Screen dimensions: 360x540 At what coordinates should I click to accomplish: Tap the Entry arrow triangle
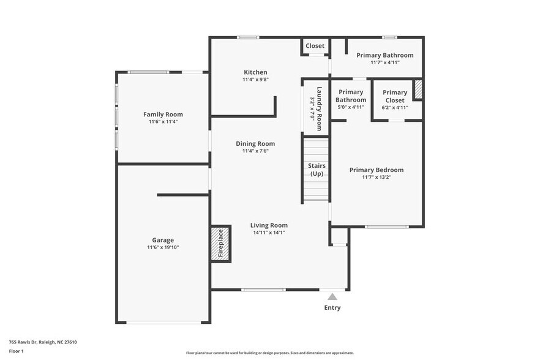pos(332,296)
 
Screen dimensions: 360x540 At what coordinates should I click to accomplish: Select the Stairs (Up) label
pos(317,170)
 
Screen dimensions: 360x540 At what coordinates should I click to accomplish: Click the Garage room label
pos(163,240)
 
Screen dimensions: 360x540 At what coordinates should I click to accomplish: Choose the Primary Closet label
pos(394,96)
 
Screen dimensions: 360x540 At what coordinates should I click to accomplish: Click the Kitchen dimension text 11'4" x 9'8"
pos(255,80)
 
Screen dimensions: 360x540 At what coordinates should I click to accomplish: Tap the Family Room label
pos(163,114)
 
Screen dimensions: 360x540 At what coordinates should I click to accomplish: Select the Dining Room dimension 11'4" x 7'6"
pos(255,151)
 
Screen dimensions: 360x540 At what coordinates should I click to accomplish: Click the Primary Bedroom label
pos(376,170)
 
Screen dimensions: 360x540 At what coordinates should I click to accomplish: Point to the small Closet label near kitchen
pos(315,46)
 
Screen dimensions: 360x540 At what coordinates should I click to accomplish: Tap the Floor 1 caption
pos(16,351)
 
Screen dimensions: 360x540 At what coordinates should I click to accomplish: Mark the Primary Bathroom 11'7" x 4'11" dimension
pos(384,62)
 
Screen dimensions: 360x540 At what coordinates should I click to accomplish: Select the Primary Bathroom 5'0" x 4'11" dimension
pos(351,107)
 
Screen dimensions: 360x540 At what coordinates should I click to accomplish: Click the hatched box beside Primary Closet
pos(418,89)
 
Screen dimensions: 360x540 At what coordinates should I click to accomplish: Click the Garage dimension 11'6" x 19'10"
pos(163,247)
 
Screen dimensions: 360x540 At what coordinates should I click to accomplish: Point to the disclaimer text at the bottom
pos(269,353)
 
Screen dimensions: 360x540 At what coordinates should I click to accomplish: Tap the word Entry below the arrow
pos(332,307)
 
